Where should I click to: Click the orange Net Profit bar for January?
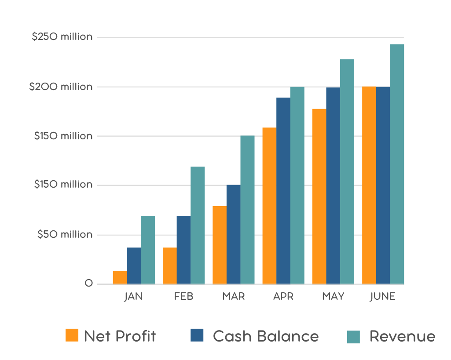coord(120,277)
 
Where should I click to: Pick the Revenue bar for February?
coord(198,225)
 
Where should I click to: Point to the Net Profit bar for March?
coord(220,245)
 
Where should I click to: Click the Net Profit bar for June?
coord(369,185)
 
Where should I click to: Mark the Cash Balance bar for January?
coord(134,265)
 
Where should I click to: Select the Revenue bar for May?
coord(347,171)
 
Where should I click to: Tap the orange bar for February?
coord(169,265)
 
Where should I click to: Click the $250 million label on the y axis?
coord(62,37)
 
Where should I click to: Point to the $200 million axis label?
coord(61,87)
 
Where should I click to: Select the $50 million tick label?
coord(65,234)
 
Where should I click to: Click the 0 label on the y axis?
coord(88,284)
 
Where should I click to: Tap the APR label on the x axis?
coord(283,296)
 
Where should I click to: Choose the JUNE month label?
coord(383,296)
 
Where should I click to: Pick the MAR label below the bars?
coord(233,296)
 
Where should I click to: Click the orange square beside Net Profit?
coord(72,335)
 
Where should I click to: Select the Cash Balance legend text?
coord(266,336)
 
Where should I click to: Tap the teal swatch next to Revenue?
coord(353,337)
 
